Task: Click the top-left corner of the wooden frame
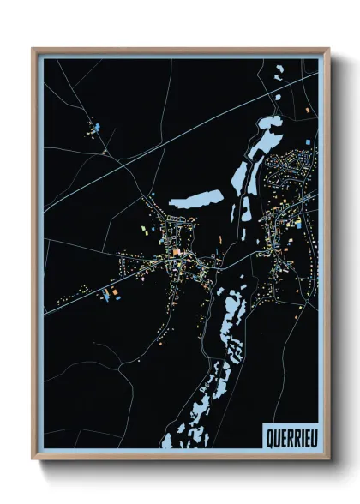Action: (34, 50)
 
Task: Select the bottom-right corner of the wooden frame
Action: (327, 457)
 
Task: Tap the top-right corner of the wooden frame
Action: (327, 50)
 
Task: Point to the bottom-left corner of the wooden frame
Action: (34, 457)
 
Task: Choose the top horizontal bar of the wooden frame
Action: (180, 50)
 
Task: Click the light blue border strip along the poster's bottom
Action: (154, 451)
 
